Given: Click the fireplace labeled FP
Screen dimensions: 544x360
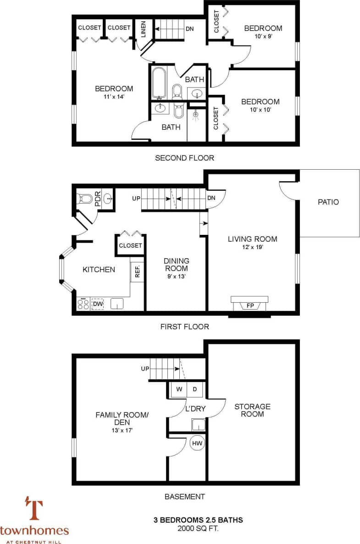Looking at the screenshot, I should click(250, 305).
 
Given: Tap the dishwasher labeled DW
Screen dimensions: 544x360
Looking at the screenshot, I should click(98, 304).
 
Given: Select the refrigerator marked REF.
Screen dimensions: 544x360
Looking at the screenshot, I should click(137, 272).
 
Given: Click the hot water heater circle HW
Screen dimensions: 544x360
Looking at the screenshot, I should click(198, 444).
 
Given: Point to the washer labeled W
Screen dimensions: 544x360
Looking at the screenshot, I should click(179, 389).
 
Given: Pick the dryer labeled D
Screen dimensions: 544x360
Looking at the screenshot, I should click(194, 389).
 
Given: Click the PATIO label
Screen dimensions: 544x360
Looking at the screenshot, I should click(328, 202).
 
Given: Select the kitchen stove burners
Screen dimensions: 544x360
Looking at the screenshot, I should click(83, 304).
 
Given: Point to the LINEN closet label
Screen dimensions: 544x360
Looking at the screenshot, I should click(143, 29).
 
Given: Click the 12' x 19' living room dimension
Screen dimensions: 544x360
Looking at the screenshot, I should click(252, 247).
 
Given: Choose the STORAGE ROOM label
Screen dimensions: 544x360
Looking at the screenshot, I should click(252, 410).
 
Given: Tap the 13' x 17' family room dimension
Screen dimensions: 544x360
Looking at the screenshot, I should click(122, 430).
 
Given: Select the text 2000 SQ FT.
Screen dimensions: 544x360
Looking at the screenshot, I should click(198, 528).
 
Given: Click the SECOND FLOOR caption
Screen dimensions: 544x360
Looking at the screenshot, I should click(184, 158).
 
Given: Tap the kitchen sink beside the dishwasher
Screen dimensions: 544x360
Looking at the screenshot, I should click(117, 304).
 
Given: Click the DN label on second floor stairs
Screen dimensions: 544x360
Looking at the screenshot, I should click(189, 29).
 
